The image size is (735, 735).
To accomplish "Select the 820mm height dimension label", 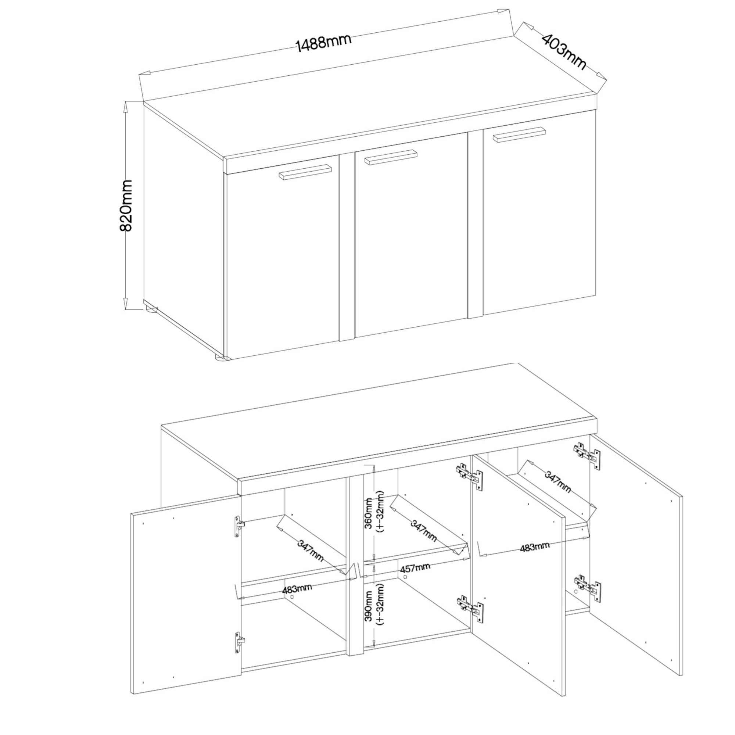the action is pyautogui.click(x=126, y=205).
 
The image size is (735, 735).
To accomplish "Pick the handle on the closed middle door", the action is pyautogui.click(x=390, y=158).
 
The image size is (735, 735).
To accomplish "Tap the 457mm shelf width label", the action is pyautogui.click(x=415, y=580).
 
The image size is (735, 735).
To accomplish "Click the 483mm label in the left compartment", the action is pyautogui.click(x=297, y=600).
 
